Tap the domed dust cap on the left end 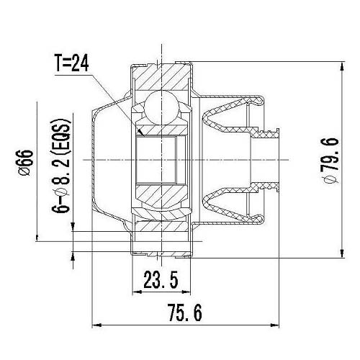tap(104, 160)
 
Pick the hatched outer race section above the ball tap(159, 76)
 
